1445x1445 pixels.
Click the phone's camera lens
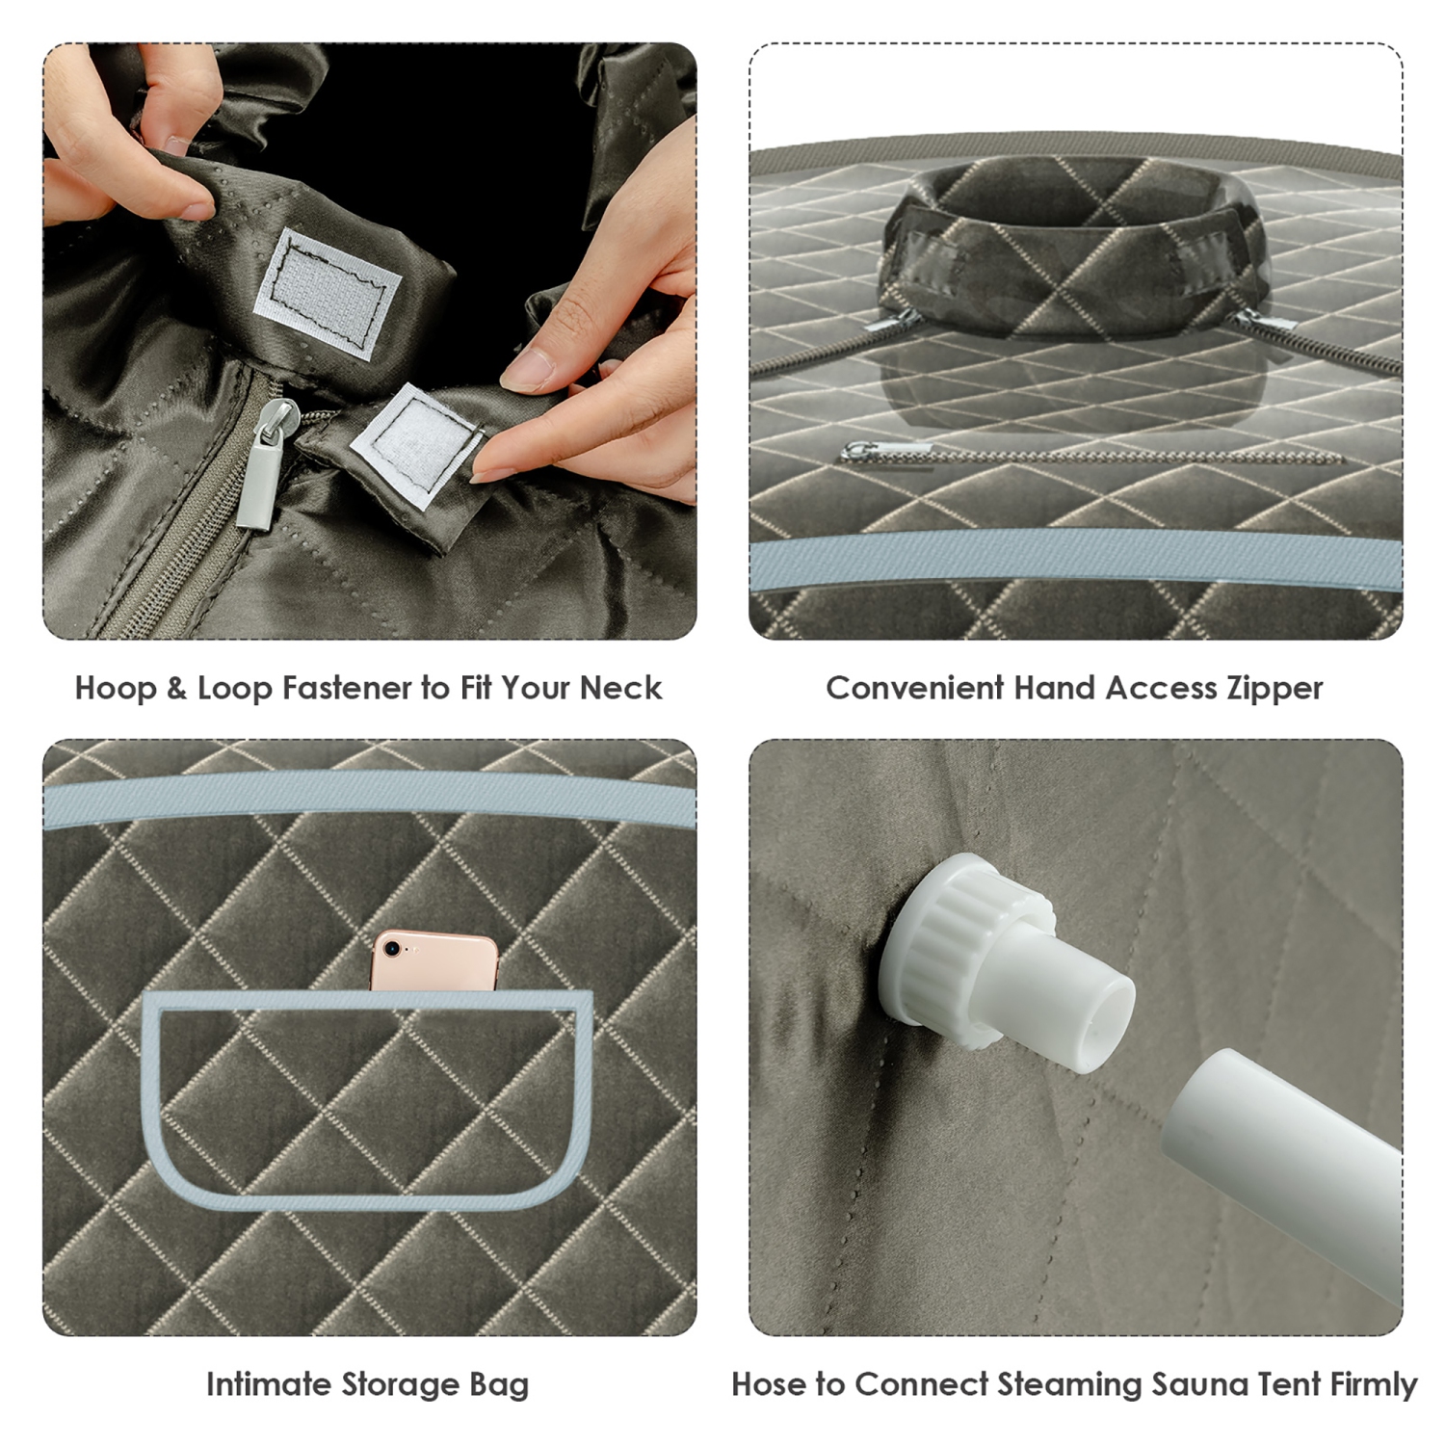click(392, 949)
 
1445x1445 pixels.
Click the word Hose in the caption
click(769, 1384)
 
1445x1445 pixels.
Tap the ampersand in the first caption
click(175, 688)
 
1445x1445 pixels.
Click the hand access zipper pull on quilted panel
click(886, 451)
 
